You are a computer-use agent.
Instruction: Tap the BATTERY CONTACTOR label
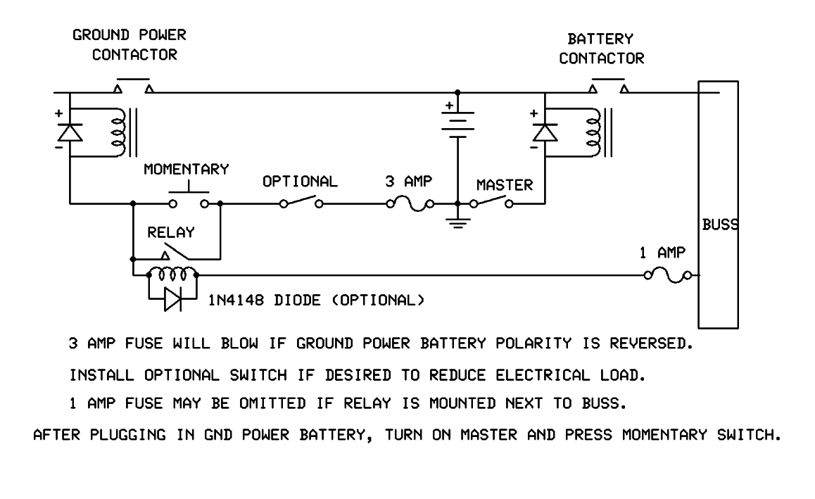601,49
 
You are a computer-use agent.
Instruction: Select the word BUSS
719,226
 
